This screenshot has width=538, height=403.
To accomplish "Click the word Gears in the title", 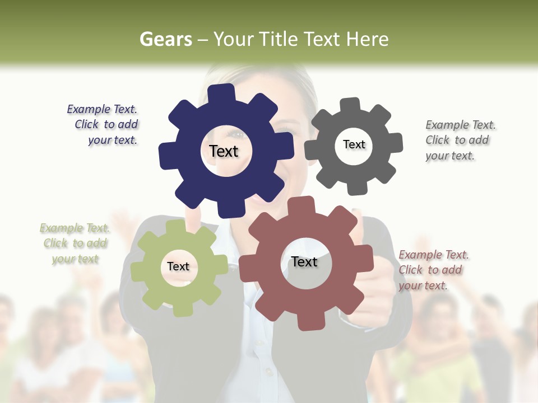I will [165, 39].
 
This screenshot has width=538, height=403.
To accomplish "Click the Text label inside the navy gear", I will [224, 151].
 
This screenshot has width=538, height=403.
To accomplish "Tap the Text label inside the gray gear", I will [354, 144].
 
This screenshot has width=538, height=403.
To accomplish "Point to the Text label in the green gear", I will [178, 266].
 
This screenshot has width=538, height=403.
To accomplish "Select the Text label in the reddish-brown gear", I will [304, 261].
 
